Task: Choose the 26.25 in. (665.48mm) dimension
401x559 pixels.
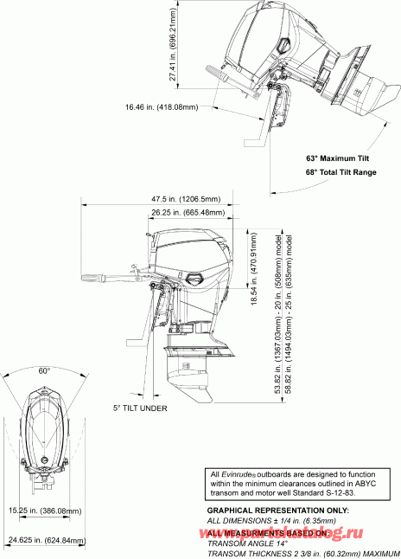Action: (187, 212)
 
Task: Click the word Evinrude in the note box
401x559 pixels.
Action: (239, 473)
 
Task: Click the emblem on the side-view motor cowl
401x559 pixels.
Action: (195, 279)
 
